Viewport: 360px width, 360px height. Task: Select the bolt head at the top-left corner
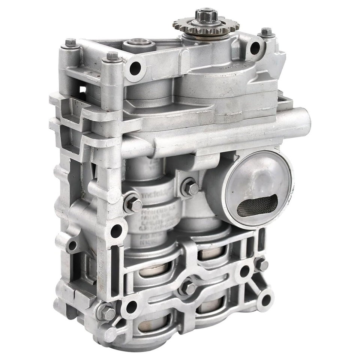click(70, 43)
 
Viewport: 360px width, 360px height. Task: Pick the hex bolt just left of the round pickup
click(190, 188)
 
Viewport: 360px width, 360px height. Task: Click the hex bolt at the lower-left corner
click(106, 312)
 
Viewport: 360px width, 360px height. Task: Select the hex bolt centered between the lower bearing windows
click(188, 288)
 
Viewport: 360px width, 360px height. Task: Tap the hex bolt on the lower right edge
click(261, 265)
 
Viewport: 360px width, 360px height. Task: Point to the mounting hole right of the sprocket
click(255, 48)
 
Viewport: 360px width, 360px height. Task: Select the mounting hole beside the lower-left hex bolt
click(131, 307)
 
